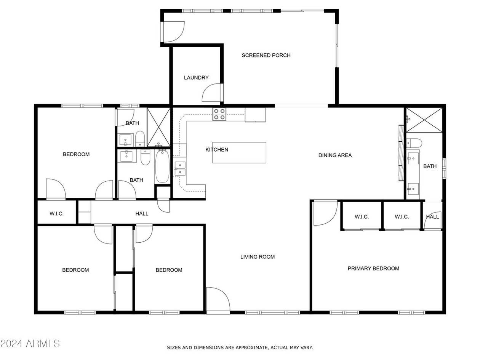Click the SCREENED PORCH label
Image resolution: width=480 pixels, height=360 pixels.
pyautogui.click(x=266, y=55)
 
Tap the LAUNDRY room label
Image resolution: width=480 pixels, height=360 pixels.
pyautogui.click(x=196, y=78)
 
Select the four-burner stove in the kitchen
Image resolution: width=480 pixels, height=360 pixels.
pyautogui.click(x=219, y=114)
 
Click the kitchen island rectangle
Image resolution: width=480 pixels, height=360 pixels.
pyautogui.click(x=239, y=152)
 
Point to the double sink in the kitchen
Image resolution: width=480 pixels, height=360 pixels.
pyautogui.click(x=180, y=169)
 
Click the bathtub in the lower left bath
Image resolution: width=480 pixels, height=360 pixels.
pyautogui.click(x=162, y=166)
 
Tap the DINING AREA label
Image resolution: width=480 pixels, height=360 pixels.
pyautogui.click(x=335, y=155)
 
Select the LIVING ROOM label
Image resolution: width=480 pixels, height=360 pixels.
pyautogui.click(x=258, y=257)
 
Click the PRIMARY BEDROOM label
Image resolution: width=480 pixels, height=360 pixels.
pyautogui.click(x=373, y=269)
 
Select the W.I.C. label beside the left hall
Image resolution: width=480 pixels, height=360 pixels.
pyautogui.click(x=56, y=214)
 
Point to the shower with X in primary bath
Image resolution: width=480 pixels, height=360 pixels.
pyautogui.click(x=424, y=120)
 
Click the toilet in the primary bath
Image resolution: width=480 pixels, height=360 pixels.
pyautogui.click(x=414, y=143)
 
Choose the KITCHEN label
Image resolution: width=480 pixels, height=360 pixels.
pyautogui.click(x=217, y=150)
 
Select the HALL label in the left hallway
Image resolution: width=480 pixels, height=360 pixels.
pyautogui.click(x=142, y=214)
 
